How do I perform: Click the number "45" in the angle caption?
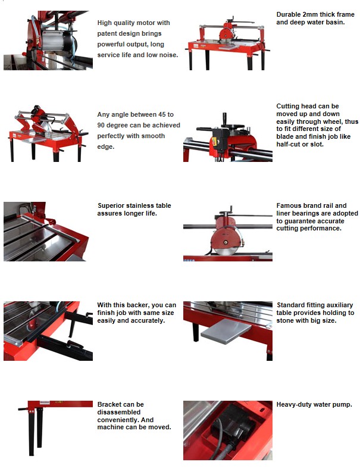click(161, 114)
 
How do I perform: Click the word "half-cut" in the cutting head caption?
click(288, 144)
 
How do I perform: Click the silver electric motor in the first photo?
click(55, 40)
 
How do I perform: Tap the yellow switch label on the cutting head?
click(214, 142)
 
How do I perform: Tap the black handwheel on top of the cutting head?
click(237, 126)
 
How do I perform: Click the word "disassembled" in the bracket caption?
click(119, 412)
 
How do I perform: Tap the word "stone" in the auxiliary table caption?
click(285, 320)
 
